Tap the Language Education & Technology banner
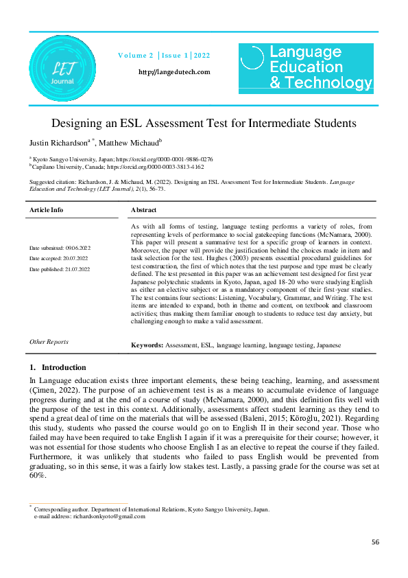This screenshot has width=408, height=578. click(306, 67)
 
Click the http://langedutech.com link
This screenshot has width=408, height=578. click(174, 72)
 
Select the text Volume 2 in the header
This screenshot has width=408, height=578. click(136, 55)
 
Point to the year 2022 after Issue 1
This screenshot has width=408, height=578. click(202, 55)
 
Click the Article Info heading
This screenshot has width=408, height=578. click(47, 210)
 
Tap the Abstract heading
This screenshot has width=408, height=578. click(143, 210)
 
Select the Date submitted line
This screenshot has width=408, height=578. click(60, 247)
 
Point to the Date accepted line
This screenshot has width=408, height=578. click(60, 258)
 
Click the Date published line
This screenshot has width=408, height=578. click(60, 269)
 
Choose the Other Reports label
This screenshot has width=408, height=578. click(49, 341)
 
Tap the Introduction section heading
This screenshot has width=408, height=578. click(63, 367)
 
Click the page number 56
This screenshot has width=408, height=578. click(375, 542)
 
